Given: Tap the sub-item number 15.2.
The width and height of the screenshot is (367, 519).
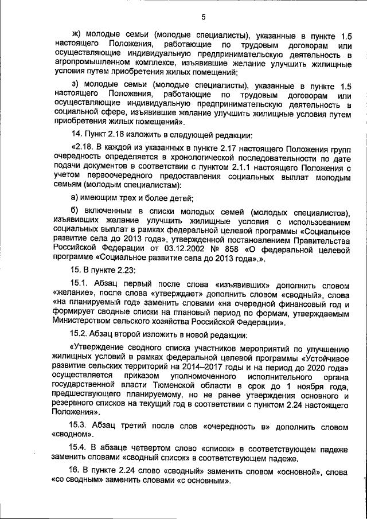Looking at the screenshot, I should (x=79, y=334).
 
